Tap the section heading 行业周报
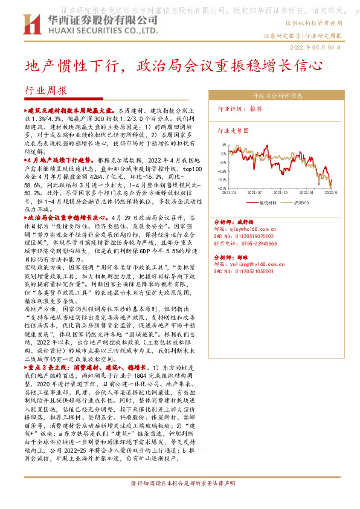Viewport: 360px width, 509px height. tap(45, 90)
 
